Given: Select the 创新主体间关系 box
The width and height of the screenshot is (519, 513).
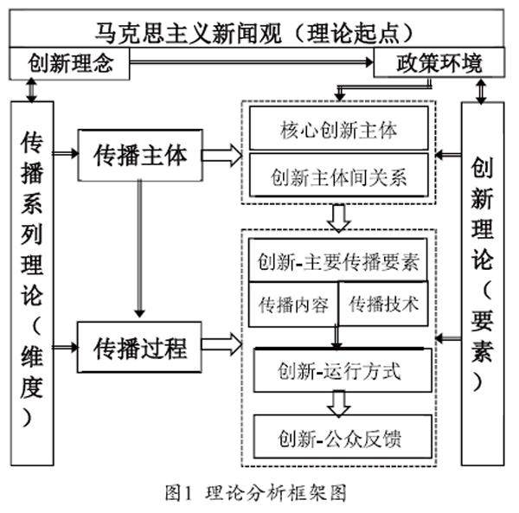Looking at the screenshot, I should pos(338,178).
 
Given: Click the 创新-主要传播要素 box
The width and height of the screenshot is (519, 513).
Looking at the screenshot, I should pos(338,260).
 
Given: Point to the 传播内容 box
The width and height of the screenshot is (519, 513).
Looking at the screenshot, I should pos(294,305).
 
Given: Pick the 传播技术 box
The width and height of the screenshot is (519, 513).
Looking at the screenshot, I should pos(383,304).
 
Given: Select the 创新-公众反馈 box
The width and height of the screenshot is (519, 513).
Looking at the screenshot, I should pos(338,438).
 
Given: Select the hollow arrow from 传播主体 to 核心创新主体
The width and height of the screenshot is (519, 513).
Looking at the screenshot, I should pos(221,157).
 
